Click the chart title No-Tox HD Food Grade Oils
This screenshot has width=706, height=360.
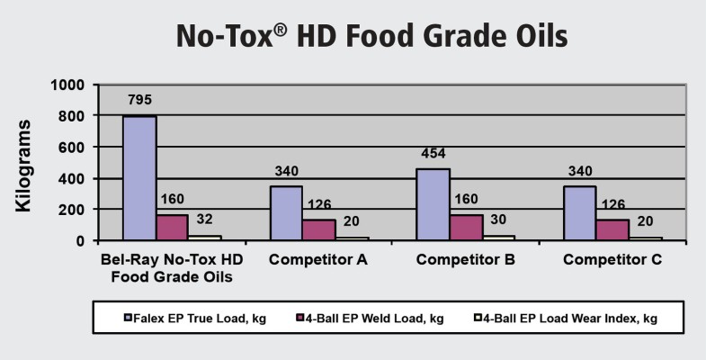(x=353, y=37)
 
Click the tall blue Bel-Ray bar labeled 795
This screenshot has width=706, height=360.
(x=139, y=178)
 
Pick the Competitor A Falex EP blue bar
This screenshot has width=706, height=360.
(x=287, y=213)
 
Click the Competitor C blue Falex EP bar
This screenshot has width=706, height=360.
(x=578, y=213)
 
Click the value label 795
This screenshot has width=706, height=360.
(x=139, y=100)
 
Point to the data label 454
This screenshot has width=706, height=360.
(x=433, y=152)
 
